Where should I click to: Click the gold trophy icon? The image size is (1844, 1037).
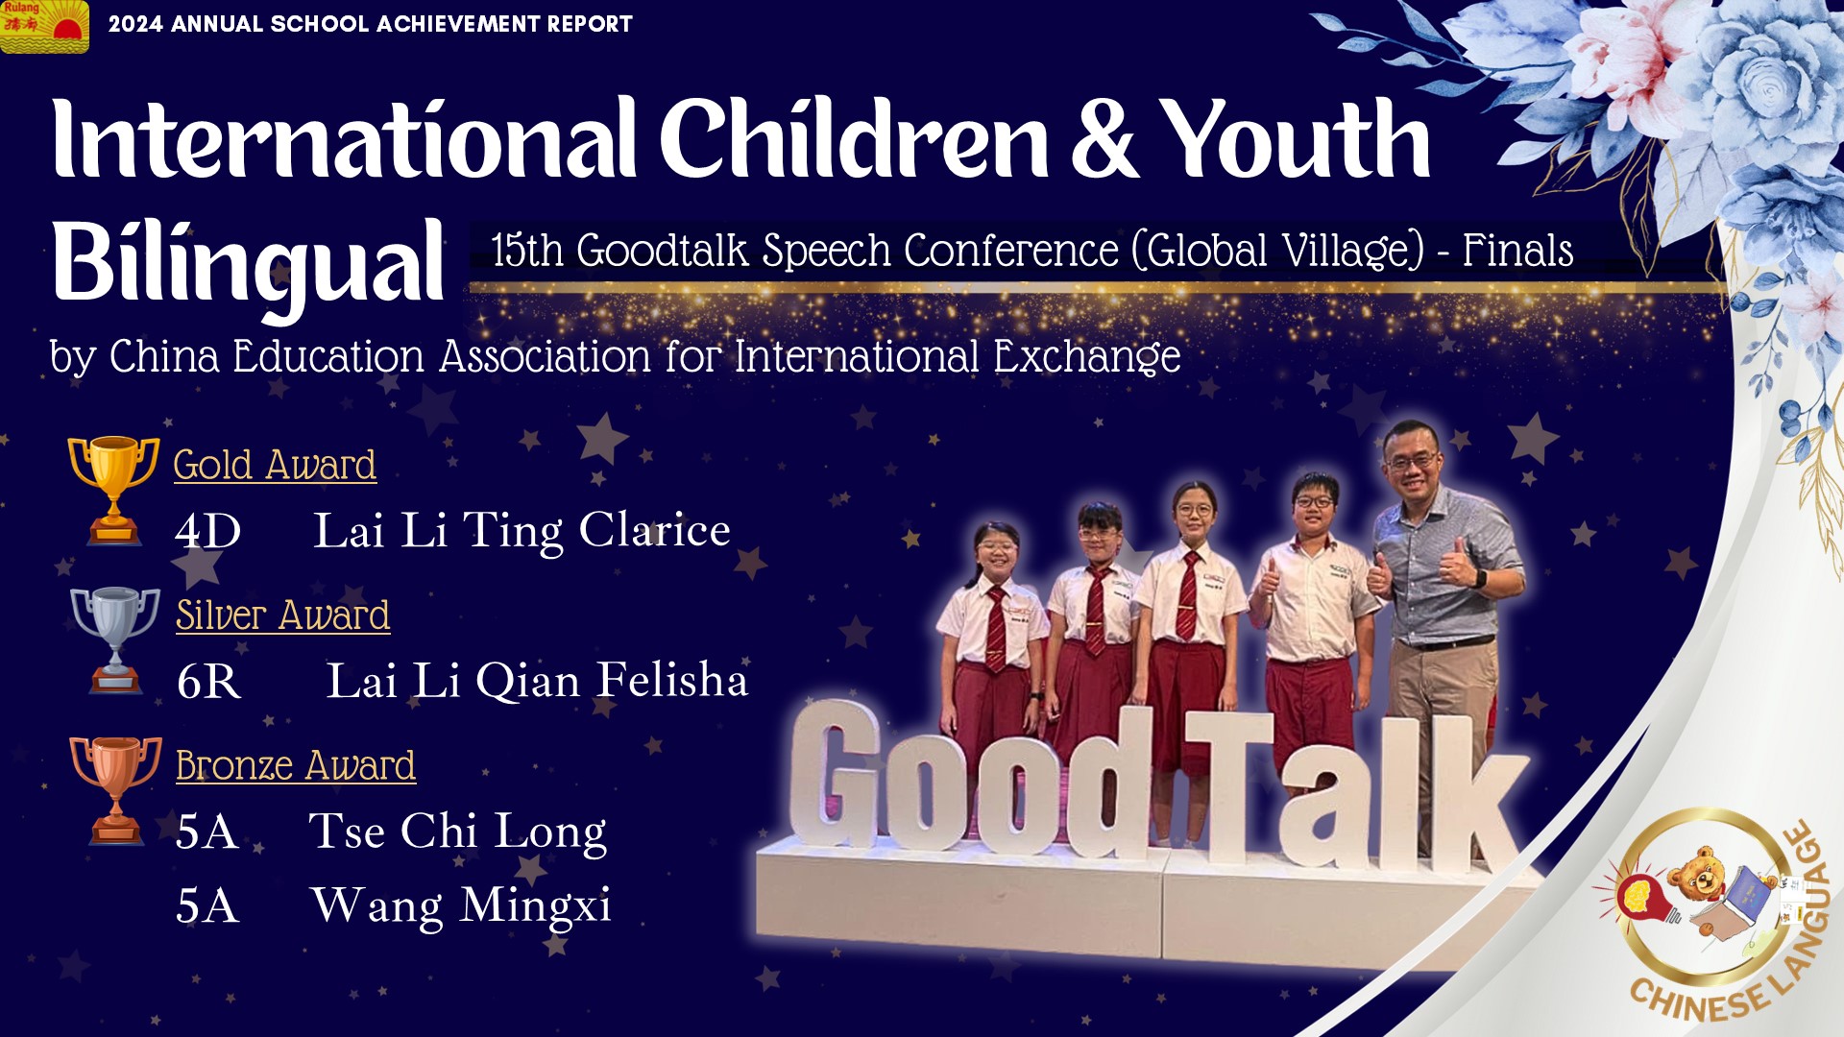tap(113, 490)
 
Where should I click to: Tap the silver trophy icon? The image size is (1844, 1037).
tap(114, 639)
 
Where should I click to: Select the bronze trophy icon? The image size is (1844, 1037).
tap(115, 790)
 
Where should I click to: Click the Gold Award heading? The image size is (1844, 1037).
tap(275, 465)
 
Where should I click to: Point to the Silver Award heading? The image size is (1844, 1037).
tap(282, 615)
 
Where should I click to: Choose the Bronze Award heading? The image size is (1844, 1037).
tap(296, 766)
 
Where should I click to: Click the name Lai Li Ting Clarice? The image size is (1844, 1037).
tap(522, 531)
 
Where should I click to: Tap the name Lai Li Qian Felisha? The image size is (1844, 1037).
tap(537, 681)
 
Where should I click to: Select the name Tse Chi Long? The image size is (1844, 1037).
tap(457, 832)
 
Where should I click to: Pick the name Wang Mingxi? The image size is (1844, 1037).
tap(461, 905)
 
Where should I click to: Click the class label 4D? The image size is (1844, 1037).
tap(207, 532)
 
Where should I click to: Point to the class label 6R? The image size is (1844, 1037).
tap(208, 682)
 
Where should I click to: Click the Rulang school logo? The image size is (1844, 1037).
tap(44, 26)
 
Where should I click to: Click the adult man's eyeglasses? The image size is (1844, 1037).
tap(1411, 463)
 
